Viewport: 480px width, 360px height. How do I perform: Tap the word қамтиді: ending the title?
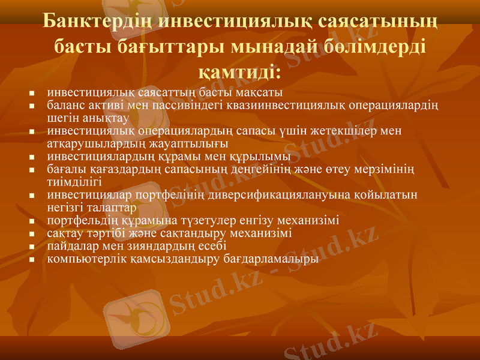[240, 72]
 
